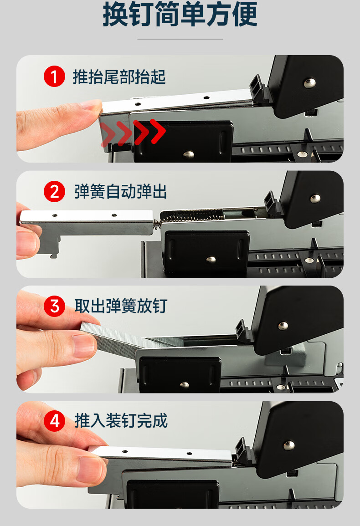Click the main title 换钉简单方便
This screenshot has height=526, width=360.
(x=180, y=14)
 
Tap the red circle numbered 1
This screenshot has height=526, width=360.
(x=54, y=77)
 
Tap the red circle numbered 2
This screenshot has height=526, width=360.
(x=54, y=192)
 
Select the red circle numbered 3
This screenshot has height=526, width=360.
(x=54, y=306)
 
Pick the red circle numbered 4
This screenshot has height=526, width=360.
(x=54, y=421)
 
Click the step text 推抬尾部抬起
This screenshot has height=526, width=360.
(x=119, y=77)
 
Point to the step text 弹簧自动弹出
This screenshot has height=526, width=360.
(x=121, y=192)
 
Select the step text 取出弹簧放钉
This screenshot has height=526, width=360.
(x=121, y=306)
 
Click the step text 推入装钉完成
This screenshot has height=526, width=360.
(x=121, y=421)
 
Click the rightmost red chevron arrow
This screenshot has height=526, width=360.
(x=158, y=131)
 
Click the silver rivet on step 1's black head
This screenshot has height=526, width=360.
(x=309, y=82)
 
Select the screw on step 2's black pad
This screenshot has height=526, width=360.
(x=211, y=259)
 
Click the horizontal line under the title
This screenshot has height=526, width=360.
(x=180, y=39)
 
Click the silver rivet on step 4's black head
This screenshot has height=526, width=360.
(x=289, y=445)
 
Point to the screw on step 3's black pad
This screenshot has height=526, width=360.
(x=184, y=385)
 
